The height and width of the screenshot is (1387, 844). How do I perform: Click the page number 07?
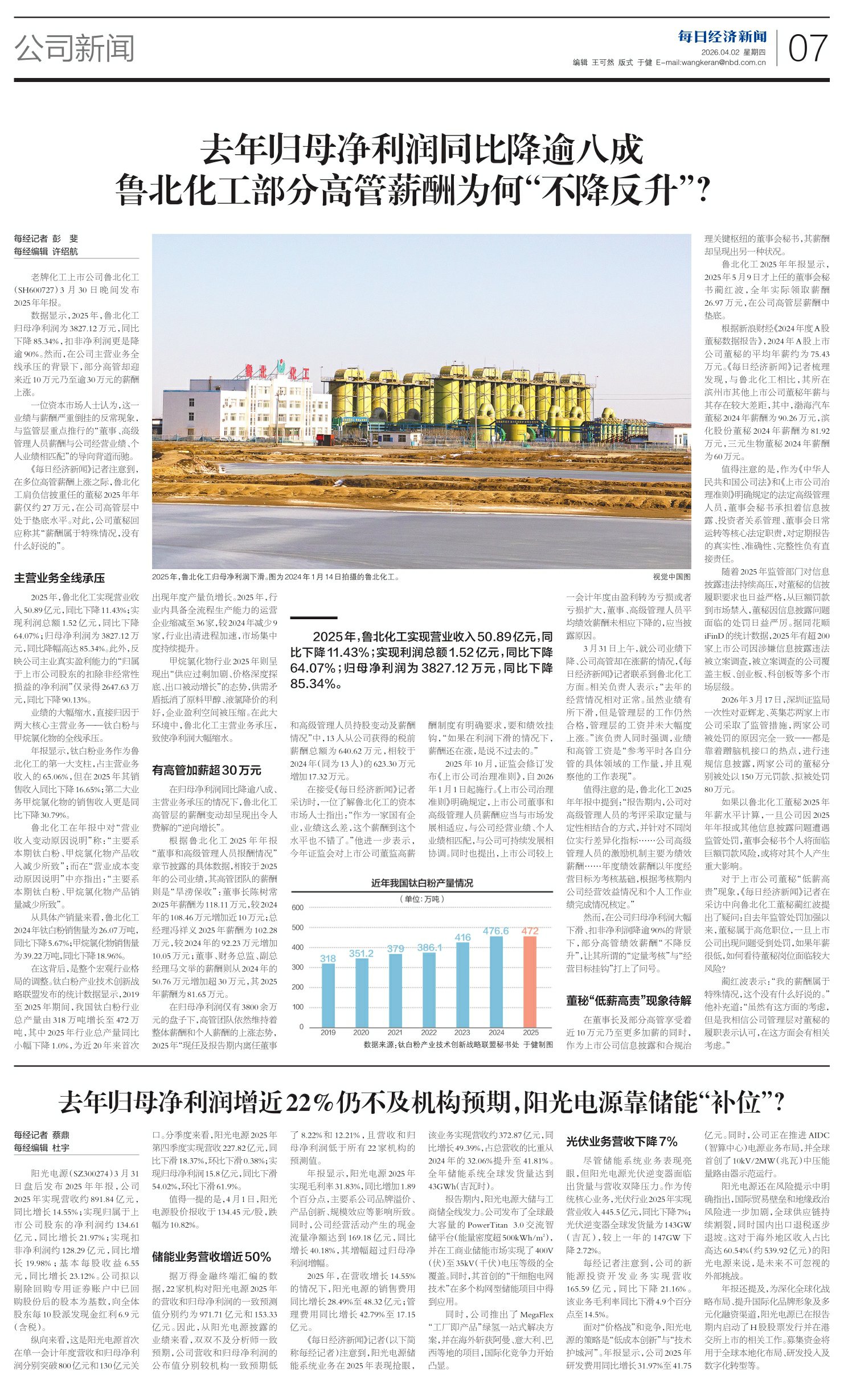tap(808, 48)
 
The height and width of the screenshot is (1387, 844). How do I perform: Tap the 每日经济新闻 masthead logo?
tap(722, 37)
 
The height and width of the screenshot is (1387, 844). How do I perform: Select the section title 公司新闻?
tap(75, 48)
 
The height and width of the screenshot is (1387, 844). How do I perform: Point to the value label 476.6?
tap(495, 931)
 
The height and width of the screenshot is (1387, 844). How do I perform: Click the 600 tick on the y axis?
tap(298, 907)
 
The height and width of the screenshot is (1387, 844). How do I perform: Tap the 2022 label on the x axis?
tap(429, 1032)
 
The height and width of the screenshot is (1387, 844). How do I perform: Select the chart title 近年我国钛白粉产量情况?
tap(422, 883)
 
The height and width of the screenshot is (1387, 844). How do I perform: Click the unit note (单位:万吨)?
tap(422, 899)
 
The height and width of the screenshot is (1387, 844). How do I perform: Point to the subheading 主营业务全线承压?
tap(60, 578)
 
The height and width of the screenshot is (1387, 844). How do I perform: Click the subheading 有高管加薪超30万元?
tap(206, 770)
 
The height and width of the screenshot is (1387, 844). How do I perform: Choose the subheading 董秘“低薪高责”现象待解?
tap(629, 1001)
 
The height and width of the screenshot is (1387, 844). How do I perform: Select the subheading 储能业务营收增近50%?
tap(211, 1257)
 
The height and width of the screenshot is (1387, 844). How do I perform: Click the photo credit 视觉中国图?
tap(671, 577)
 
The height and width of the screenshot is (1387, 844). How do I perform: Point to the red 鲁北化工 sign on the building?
tap(277, 372)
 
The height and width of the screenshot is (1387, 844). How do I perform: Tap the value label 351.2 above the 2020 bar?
tap(361, 953)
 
